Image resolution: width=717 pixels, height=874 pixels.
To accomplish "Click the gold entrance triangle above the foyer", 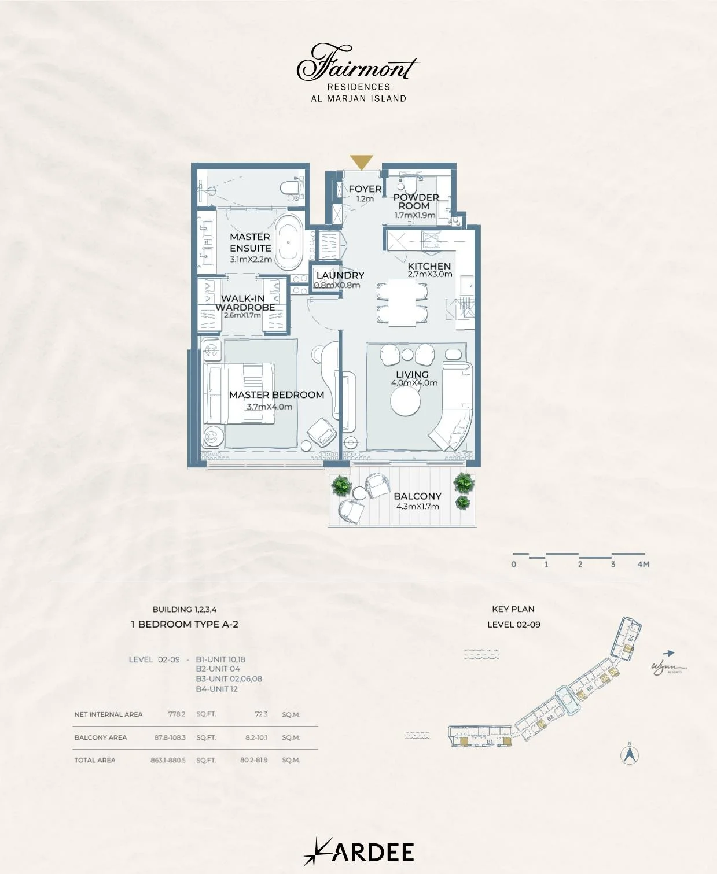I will (x=362, y=163).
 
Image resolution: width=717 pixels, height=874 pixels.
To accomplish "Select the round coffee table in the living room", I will (x=406, y=400).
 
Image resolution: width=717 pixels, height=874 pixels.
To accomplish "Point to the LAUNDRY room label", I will (x=340, y=276).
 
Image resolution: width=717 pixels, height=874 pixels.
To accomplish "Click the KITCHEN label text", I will (x=429, y=267).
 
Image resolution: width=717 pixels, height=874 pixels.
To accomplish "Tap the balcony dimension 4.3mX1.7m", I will (x=417, y=507).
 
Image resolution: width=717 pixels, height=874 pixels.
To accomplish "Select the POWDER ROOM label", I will (x=416, y=201).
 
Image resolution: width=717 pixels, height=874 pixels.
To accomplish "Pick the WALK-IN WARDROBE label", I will (x=244, y=303).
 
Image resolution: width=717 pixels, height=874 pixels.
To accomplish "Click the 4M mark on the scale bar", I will (x=643, y=564).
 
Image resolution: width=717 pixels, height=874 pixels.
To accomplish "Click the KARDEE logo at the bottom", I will (x=359, y=852).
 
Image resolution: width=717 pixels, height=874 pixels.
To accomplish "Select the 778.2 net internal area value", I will (x=177, y=714).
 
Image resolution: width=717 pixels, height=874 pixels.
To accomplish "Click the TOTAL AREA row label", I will (x=95, y=760).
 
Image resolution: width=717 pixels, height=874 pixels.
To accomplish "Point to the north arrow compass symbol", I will (x=630, y=754).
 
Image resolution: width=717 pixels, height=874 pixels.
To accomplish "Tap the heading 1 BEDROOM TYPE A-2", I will (x=185, y=624).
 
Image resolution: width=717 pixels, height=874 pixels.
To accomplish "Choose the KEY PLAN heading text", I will (x=513, y=609).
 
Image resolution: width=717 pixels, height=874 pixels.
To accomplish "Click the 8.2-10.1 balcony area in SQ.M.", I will (x=256, y=737).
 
